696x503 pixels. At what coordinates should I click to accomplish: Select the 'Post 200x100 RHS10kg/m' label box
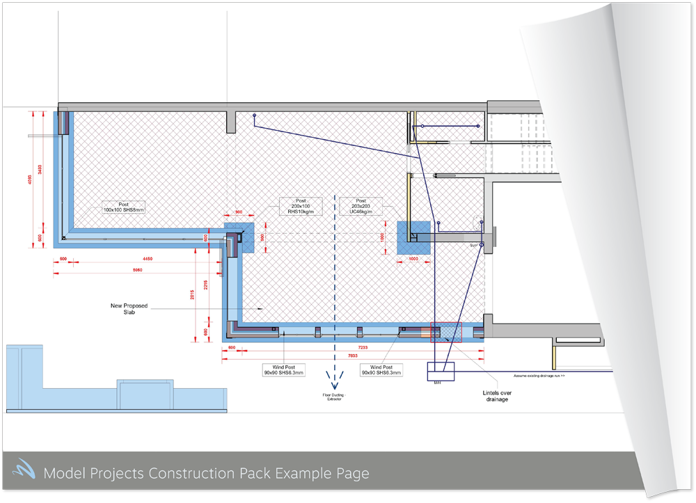click(301, 206)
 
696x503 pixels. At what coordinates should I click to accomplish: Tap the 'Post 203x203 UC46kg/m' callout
click(361, 206)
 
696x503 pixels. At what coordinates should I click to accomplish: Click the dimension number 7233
click(363, 346)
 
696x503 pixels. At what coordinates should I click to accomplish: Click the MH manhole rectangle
click(440, 372)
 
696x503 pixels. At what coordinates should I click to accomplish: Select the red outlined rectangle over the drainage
click(446, 333)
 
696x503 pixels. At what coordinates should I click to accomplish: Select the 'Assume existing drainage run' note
click(539, 376)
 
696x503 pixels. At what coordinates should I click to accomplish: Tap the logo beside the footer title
click(22, 472)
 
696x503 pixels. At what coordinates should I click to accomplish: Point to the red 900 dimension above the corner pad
click(238, 211)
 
